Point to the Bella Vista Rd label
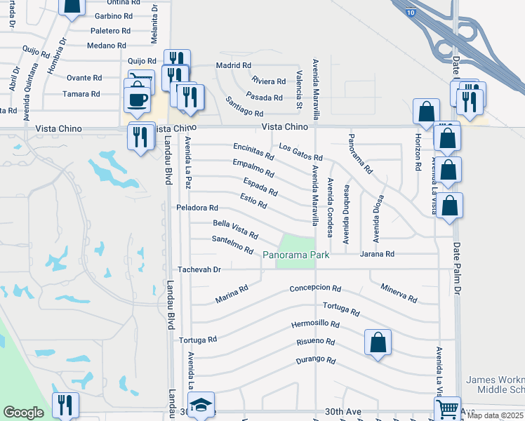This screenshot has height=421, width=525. (235, 229)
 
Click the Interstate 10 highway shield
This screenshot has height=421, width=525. (411, 10)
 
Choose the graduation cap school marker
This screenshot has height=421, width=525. (202, 405)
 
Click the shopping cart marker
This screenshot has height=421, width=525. (447, 408)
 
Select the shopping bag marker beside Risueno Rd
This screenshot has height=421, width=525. (378, 342)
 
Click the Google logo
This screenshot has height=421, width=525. (23, 413)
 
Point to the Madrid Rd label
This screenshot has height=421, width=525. (234, 65)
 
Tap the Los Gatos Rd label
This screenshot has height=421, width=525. (300, 152)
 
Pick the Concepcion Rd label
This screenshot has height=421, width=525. (315, 289)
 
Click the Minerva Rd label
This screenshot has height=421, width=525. (399, 293)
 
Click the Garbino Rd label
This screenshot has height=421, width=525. (113, 15)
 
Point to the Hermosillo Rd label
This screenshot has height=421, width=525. (315, 326)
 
